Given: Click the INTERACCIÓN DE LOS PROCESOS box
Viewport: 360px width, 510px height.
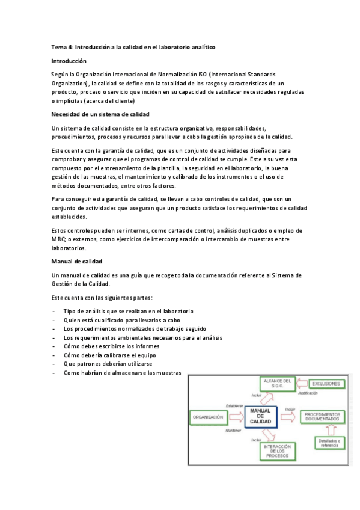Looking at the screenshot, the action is [278, 450].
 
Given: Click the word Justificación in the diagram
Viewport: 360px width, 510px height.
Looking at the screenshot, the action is [307, 393].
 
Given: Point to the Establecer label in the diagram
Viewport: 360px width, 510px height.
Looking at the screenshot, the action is [234, 405].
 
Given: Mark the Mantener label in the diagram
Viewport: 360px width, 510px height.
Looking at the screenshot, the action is [233, 431].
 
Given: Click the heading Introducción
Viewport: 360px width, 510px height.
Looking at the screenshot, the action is [69, 61].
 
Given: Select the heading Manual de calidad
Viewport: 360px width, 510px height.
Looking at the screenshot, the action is [77, 261].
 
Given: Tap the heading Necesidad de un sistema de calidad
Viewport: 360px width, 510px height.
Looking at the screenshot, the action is [100, 114].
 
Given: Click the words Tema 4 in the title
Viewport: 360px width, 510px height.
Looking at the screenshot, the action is [62, 46].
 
